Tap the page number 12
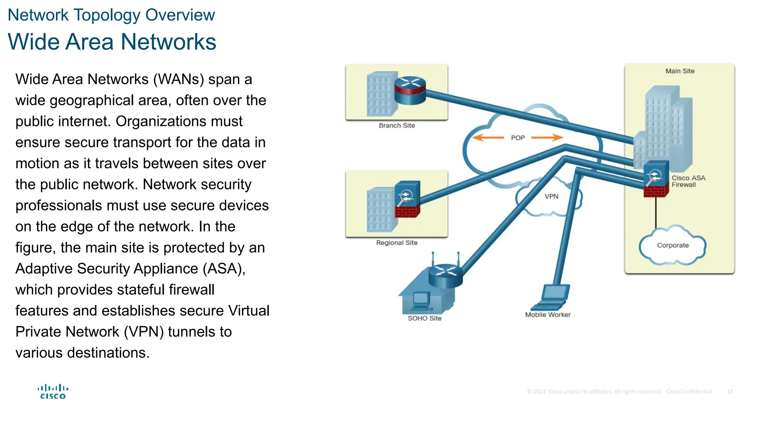729,391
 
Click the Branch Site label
397,126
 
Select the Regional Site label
397,243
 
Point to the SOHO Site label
424,318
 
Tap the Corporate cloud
672,245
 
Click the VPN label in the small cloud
551,196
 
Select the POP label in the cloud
517,138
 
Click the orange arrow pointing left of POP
488,138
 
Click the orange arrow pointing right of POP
547,138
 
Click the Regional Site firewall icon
407,199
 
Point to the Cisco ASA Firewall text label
688,181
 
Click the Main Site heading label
679,71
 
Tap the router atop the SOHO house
445,275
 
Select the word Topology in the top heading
107,15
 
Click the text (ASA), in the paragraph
224,269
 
